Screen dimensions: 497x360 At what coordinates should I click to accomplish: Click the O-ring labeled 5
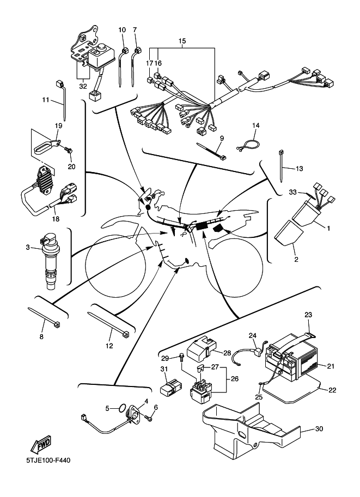point(124,407)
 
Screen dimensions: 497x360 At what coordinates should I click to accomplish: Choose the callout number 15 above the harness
point(181,41)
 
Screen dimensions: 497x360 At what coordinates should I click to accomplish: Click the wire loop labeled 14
point(248,144)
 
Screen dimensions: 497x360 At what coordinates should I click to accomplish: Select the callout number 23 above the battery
point(308,315)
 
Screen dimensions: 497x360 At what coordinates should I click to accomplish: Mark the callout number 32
point(83,85)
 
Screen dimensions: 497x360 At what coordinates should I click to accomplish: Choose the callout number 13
point(298,169)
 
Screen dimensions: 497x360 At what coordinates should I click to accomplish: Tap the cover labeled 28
point(203,348)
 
